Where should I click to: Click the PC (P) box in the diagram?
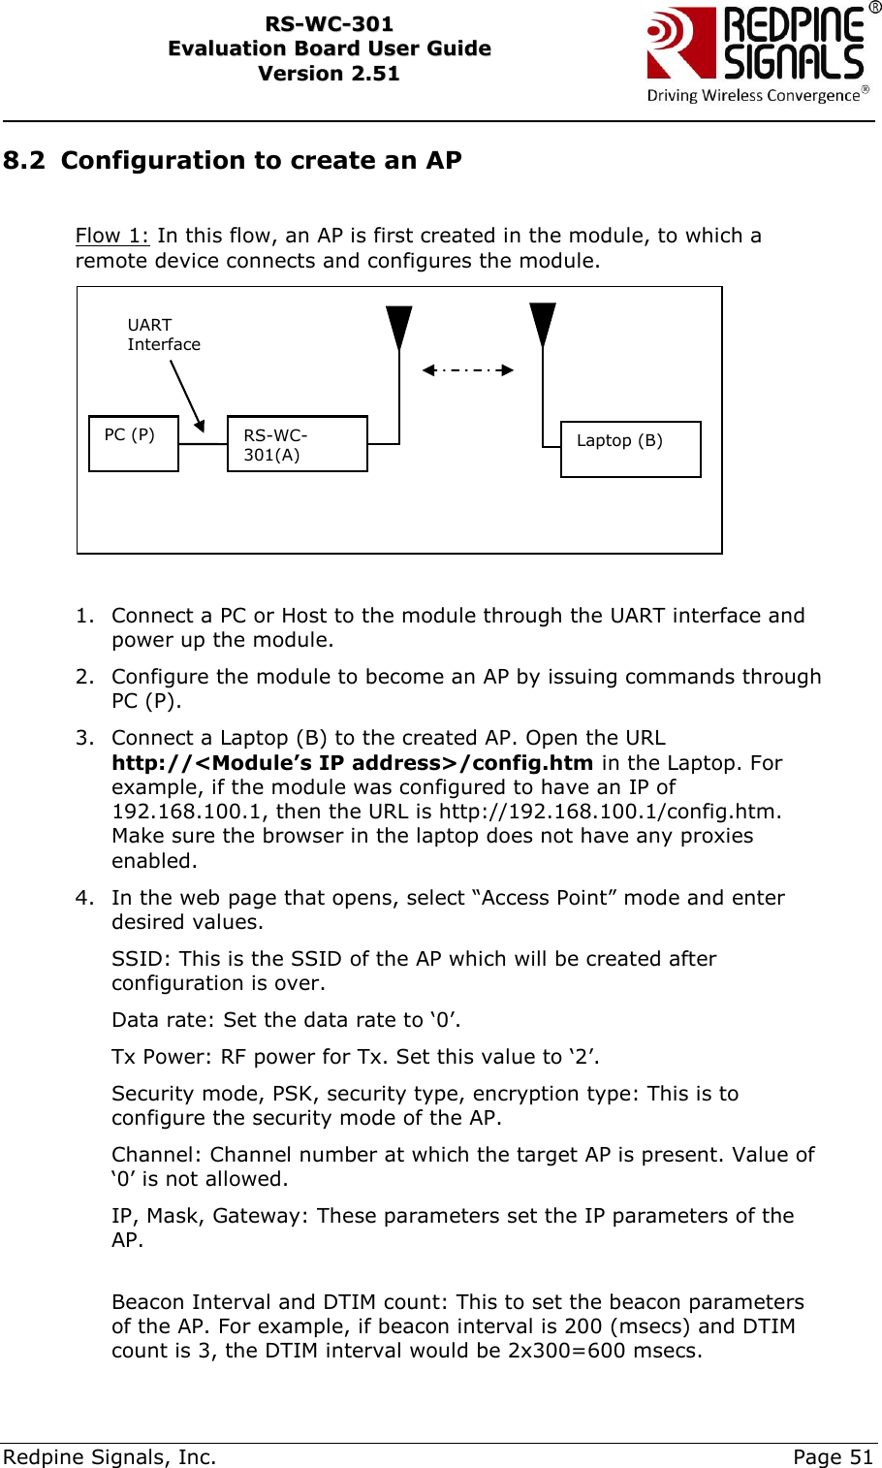pos(134,443)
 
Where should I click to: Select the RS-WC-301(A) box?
pos(297,444)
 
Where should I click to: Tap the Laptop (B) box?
pos(630,448)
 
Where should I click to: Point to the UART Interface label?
pos(163,335)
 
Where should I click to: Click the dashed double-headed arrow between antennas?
pos(468,369)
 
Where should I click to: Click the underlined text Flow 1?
pos(112,236)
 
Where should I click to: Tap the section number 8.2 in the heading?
pos(24,160)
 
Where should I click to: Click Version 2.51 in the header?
pos(329,74)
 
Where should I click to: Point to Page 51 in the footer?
pos(833,1456)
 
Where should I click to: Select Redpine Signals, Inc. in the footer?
pos(110,1456)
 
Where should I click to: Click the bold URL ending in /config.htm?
pos(352,763)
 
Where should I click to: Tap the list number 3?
pos(85,738)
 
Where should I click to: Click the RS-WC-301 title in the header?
pos(329,24)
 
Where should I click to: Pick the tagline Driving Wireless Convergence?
pos(753,95)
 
